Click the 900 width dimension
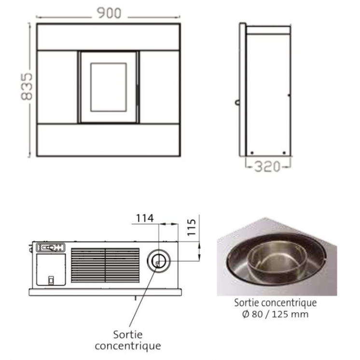pyautogui.click(x=109, y=14)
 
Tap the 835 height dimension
pyautogui.click(x=27, y=86)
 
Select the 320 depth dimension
pyautogui.click(x=267, y=166)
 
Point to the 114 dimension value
pyautogui.click(x=145, y=218)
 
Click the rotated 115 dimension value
pyautogui.click(x=192, y=227)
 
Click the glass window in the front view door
pyautogui.click(x=109, y=87)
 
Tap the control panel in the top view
pyautogui.click(x=51, y=248)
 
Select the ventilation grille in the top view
pyautogui.click(x=105, y=265)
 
